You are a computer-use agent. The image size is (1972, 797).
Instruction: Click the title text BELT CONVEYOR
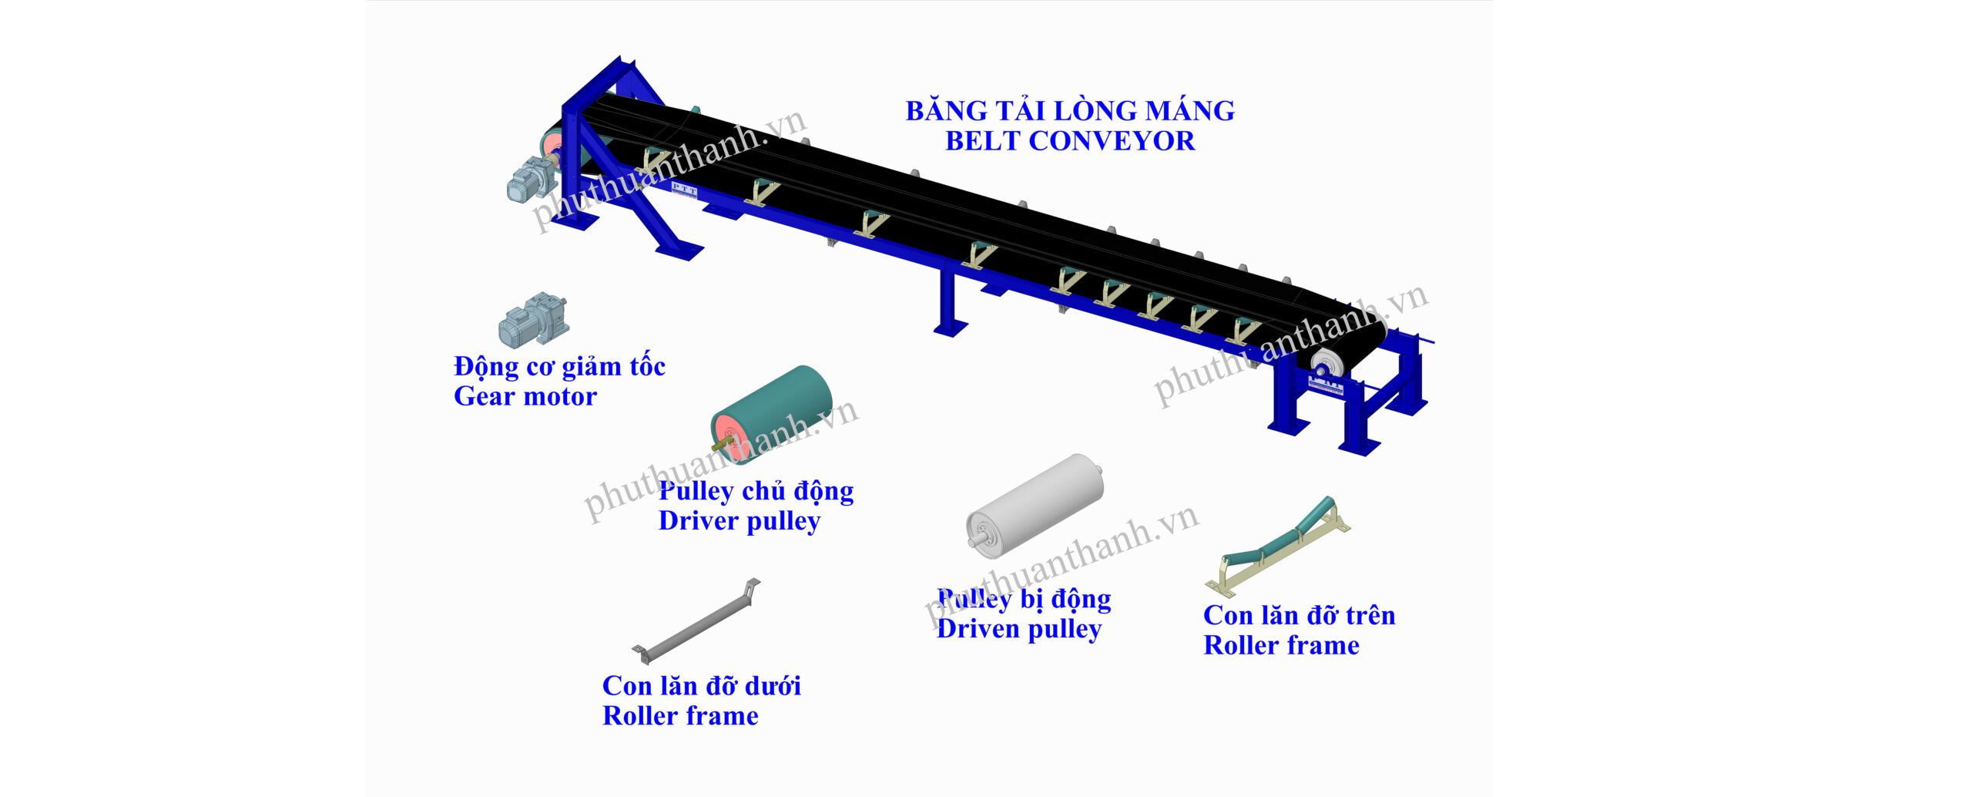(x=1070, y=142)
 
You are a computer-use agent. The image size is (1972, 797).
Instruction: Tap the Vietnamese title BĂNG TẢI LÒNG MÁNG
(x=1070, y=111)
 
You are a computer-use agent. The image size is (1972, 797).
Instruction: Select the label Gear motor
(x=525, y=397)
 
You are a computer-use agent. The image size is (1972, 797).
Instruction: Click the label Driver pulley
(x=739, y=522)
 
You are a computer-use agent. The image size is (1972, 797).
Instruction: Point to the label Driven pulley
(x=1018, y=630)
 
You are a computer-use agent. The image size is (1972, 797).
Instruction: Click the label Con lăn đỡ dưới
(x=701, y=685)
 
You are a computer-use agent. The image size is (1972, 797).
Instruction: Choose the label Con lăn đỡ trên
(x=1299, y=615)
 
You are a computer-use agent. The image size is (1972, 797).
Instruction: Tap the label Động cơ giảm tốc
(x=559, y=367)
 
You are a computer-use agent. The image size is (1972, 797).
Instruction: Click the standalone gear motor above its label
(x=533, y=319)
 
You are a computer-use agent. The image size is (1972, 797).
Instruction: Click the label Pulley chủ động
(x=756, y=491)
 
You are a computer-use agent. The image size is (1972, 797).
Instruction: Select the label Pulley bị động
(x=1024, y=600)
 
